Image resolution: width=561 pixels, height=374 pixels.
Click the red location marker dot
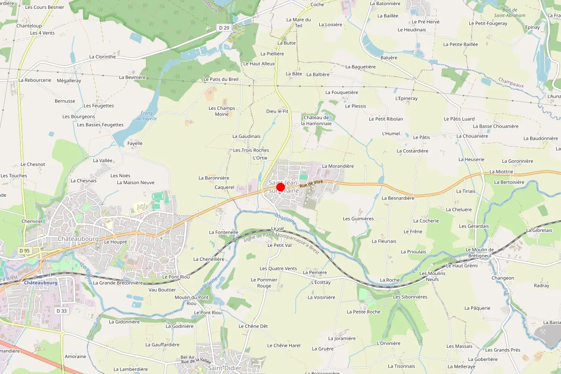tap(280, 187)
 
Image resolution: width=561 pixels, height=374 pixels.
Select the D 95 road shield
tap(24, 251)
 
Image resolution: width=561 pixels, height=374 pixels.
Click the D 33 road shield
tap(62, 311)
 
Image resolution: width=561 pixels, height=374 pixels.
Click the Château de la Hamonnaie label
tap(316, 120)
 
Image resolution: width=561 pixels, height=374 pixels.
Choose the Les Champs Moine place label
tap(222, 111)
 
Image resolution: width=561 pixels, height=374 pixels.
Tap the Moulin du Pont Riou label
tap(192, 300)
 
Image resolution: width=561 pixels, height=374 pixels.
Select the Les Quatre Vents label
tap(278, 268)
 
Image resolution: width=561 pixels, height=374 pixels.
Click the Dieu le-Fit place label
tap(277, 111)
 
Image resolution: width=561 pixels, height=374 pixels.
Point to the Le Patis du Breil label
tap(221, 79)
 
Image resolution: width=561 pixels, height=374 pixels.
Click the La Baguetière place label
tap(360, 67)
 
